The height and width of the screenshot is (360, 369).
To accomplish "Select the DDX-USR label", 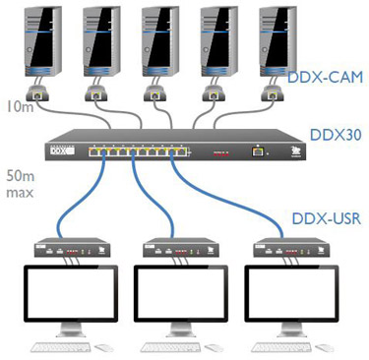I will point(326,218).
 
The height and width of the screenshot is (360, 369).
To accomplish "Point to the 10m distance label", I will point(19,105).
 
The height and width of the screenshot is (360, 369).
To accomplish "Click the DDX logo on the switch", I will point(61,151).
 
